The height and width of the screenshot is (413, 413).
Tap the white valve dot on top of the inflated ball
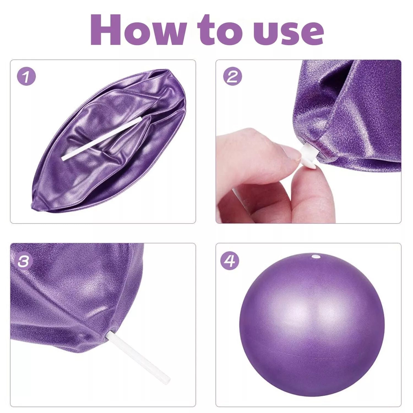coord(314,257)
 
